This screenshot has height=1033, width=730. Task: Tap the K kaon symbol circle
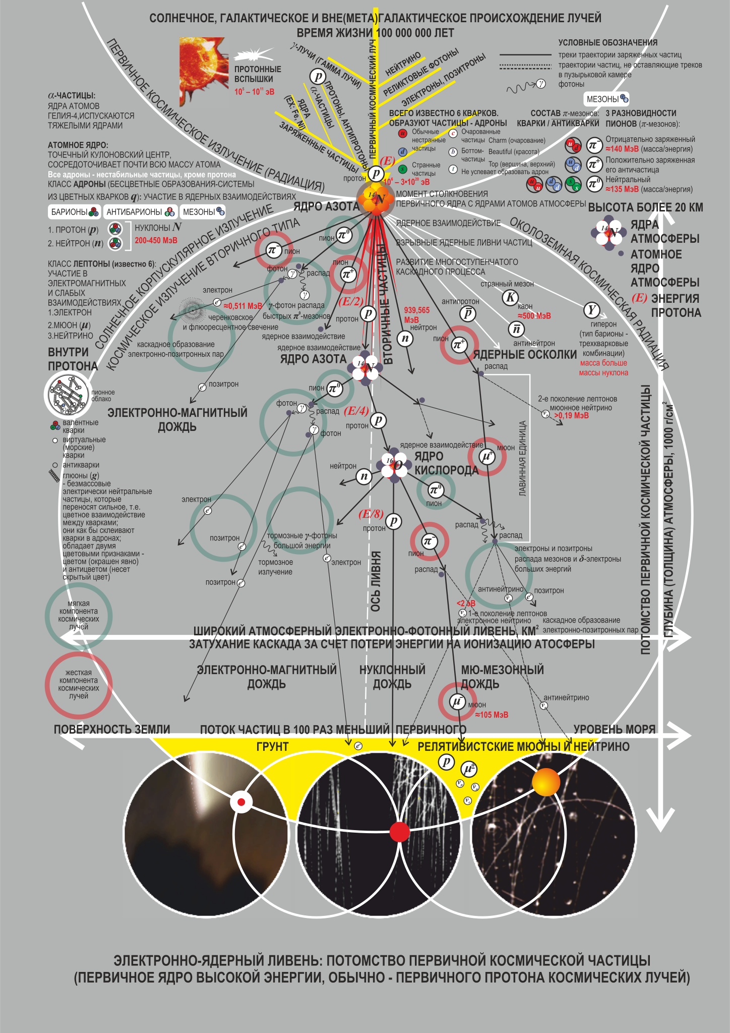click(x=510, y=297)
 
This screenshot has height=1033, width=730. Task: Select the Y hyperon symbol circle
click(x=591, y=310)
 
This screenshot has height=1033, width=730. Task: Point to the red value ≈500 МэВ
click(x=534, y=316)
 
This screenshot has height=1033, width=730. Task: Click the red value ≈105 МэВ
click(x=492, y=715)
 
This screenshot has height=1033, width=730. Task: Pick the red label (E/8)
click(x=371, y=514)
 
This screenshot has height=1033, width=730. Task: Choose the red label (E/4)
click(x=356, y=411)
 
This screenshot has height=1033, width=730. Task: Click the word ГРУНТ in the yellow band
click(x=272, y=746)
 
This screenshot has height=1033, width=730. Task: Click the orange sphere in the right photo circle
click(x=546, y=782)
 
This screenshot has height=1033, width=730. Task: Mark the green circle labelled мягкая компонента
click(x=79, y=616)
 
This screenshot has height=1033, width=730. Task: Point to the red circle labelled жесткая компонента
click(x=79, y=685)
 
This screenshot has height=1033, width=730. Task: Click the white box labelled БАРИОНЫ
click(x=74, y=212)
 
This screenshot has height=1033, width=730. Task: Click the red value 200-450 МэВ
click(x=156, y=241)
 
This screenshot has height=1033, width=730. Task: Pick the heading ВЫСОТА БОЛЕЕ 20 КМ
click(x=645, y=207)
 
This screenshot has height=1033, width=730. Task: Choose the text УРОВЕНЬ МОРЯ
click(x=614, y=729)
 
